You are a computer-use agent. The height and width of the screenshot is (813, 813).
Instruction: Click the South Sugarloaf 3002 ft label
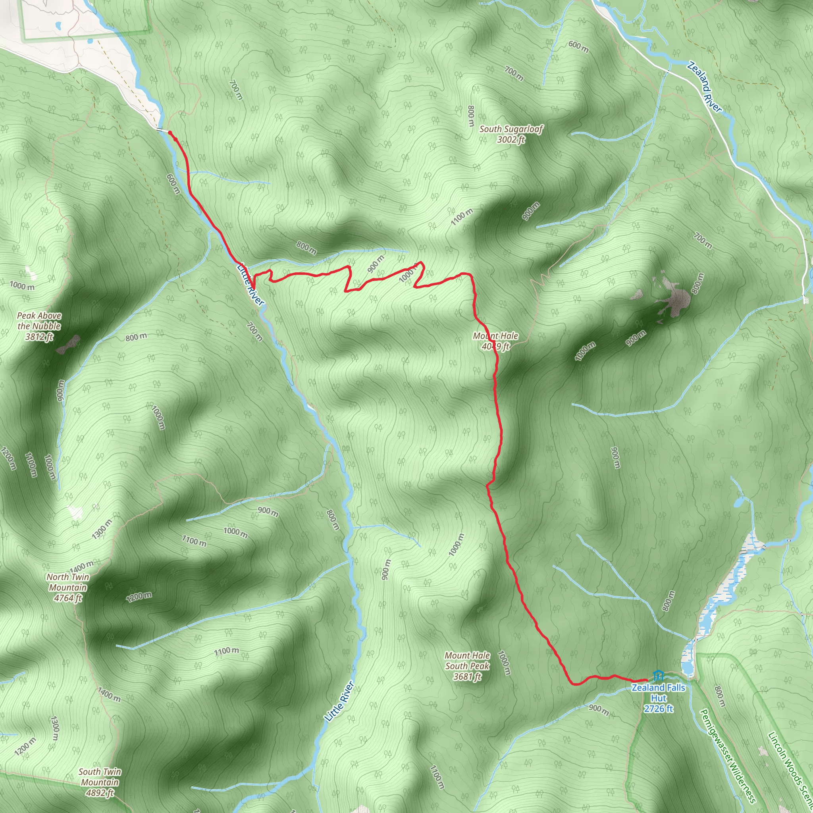511,134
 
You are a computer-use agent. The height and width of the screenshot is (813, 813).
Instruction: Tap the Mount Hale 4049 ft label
495,341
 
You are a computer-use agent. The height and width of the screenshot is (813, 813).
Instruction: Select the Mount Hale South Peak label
467,666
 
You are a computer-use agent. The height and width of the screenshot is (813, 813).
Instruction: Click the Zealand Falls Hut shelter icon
658,676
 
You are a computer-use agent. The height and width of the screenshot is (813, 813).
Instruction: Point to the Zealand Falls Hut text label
659,698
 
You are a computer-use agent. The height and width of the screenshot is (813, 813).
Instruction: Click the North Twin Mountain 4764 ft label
68,588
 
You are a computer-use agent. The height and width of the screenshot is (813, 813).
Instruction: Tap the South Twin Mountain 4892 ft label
100,782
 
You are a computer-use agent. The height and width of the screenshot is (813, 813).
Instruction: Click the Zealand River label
705,87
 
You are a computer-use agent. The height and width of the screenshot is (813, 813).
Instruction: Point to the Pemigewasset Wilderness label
727,756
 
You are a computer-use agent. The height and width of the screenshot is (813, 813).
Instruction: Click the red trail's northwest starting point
170,133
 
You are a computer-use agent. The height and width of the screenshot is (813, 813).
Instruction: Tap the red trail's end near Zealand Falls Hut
646,680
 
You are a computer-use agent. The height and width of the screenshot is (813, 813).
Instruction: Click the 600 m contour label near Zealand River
578,46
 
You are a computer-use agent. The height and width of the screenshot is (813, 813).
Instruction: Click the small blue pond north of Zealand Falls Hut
738,503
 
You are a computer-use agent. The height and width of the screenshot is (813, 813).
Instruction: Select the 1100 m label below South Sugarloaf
462,217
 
